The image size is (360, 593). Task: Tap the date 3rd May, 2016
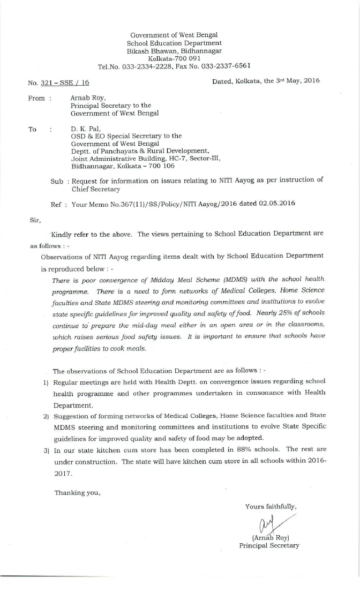point(291,80)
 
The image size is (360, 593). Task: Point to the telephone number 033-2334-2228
point(144,66)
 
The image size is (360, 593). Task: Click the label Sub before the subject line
point(57,181)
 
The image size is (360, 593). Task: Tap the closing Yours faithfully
point(271,506)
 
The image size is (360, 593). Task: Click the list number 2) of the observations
point(46,416)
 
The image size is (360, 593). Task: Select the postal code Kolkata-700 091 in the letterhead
point(174,58)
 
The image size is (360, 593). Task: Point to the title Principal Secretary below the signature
point(269,545)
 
